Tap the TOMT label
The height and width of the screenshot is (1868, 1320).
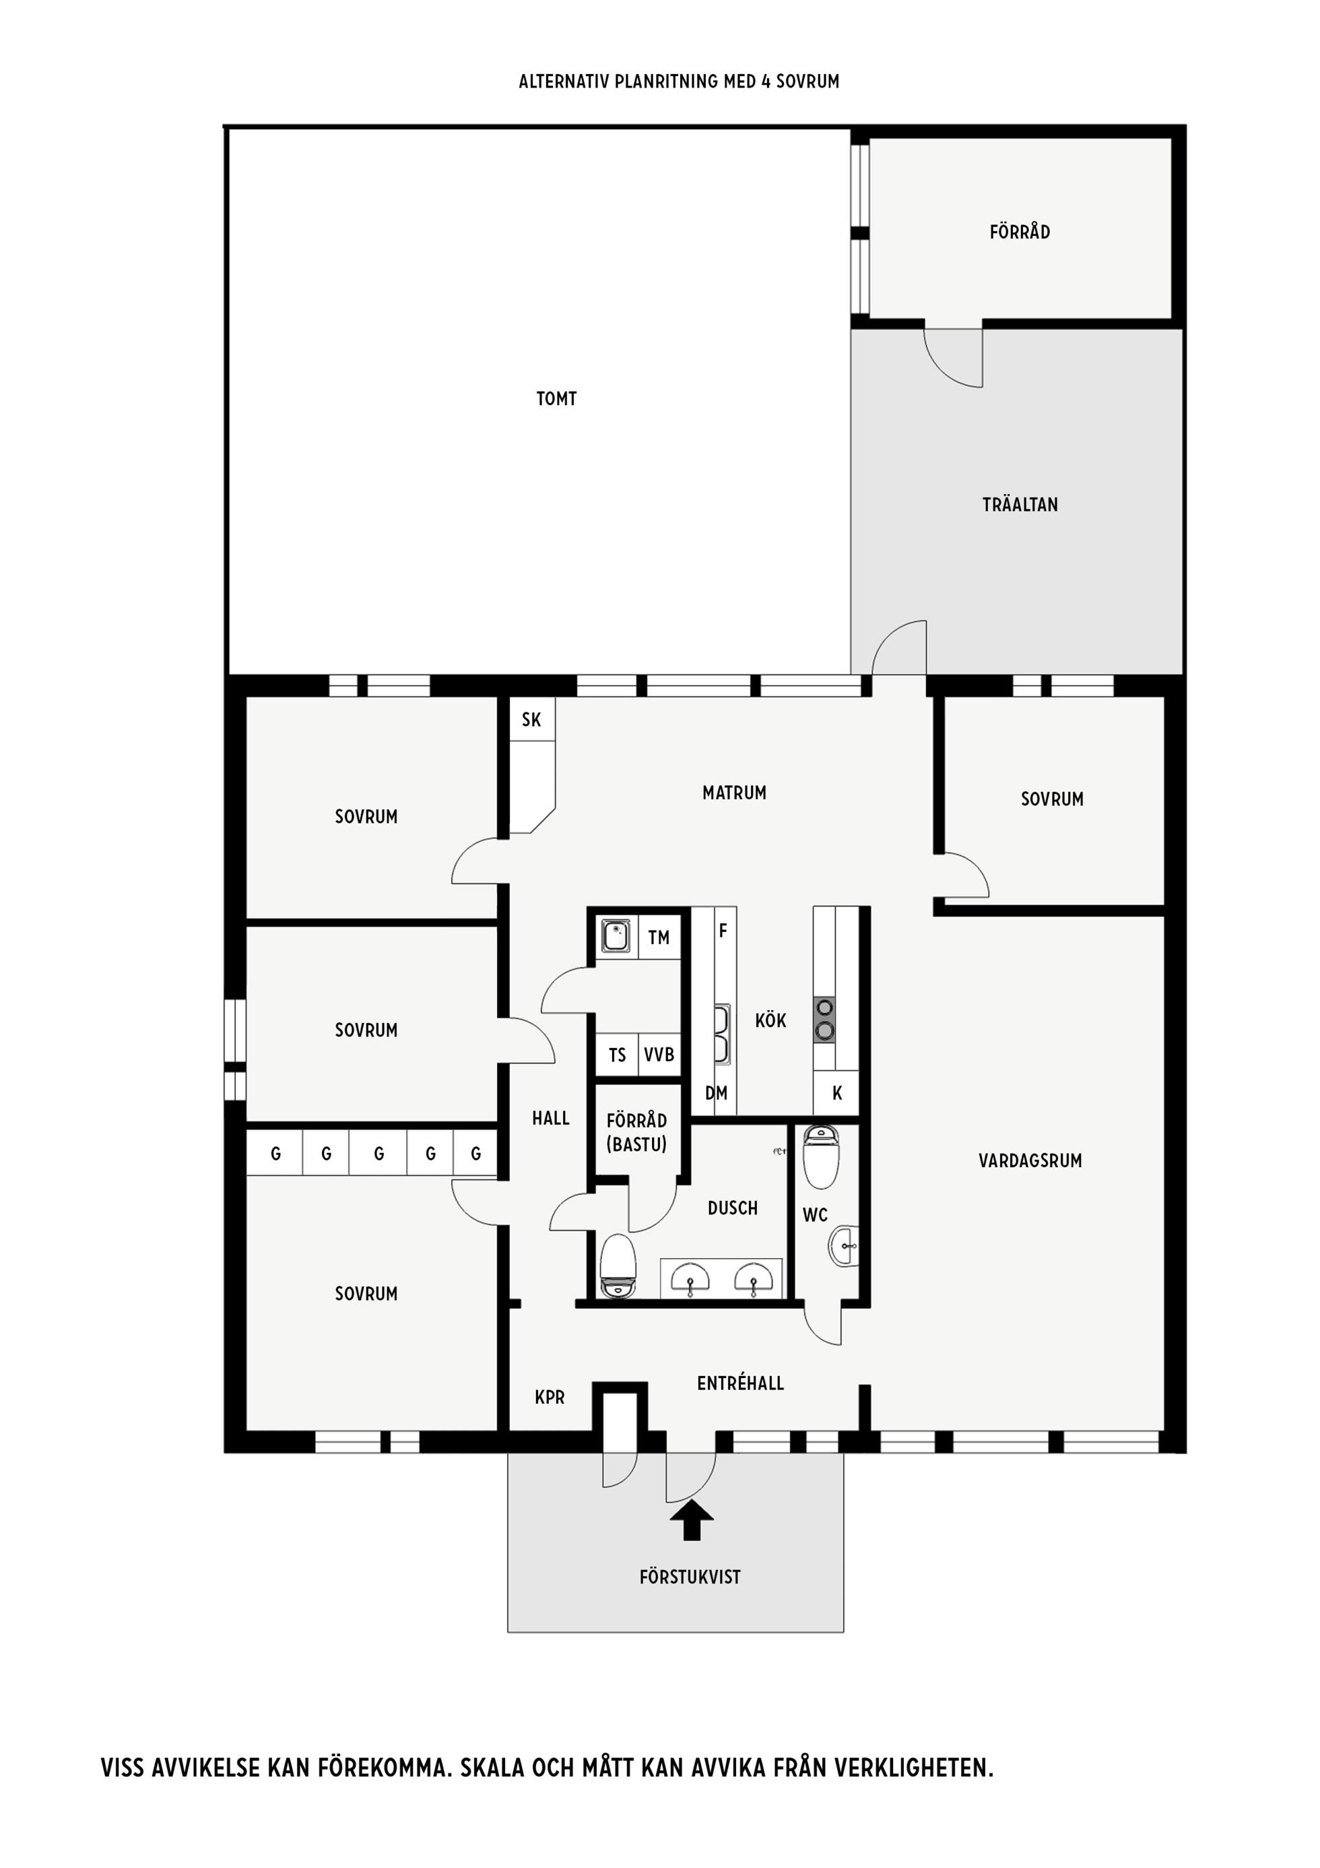pyautogui.click(x=556, y=399)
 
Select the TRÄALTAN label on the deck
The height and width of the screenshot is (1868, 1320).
pyautogui.click(x=1020, y=505)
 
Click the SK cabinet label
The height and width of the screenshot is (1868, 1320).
pyautogui.click(x=531, y=719)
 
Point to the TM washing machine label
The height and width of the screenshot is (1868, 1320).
pyautogui.click(x=659, y=937)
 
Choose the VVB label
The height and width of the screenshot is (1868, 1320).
pyautogui.click(x=659, y=1055)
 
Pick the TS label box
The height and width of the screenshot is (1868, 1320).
pyautogui.click(x=618, y=1055)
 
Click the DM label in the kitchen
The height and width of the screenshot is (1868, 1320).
pyautogui.click(x=717, y=1092)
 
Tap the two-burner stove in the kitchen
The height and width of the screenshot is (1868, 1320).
pyautogui.click(x=825, y=1020)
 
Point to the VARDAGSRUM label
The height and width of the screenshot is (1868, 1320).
pyautogui.click(x=1030, y=1161)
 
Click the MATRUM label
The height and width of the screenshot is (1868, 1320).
pyautogui.click(x=734, y=792)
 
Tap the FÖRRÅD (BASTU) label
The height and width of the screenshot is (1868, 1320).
pyautogui.click(x=637, y=1133)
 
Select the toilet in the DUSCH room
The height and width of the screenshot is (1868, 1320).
pyautogui.click(x=618, y=1266)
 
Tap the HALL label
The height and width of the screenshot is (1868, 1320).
pyautogui.click(x=551, y=1119)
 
